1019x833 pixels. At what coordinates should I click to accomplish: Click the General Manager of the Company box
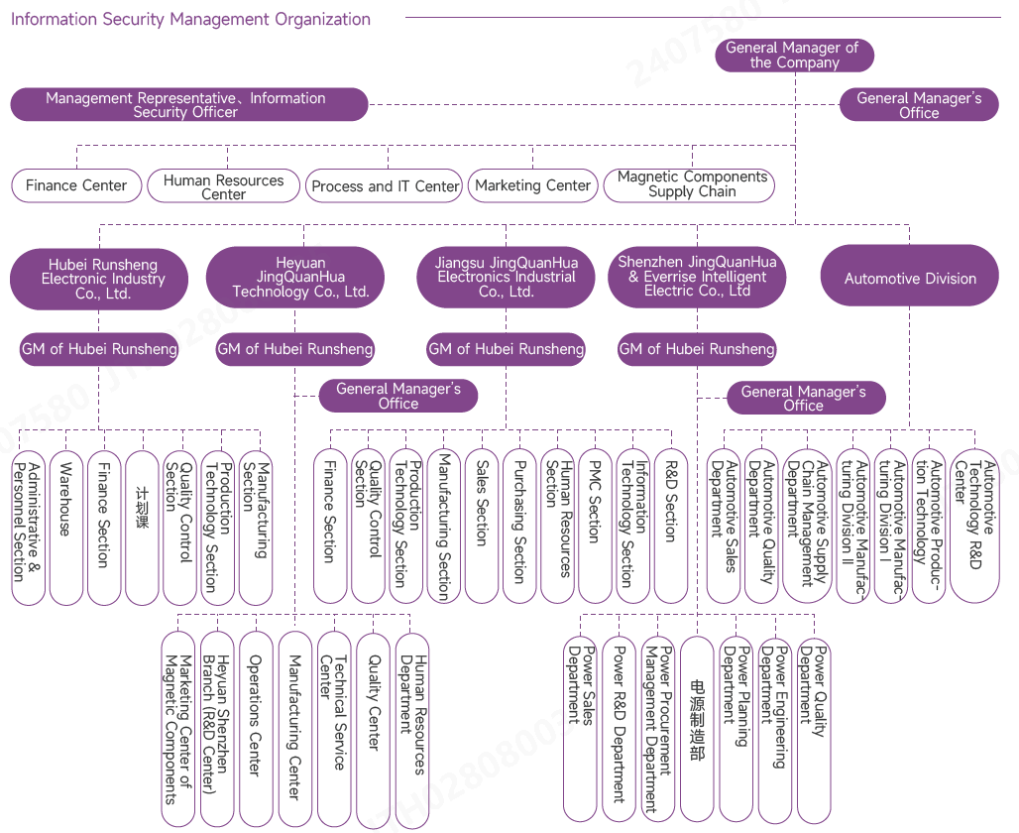pyautogui.click(x=793, y=56)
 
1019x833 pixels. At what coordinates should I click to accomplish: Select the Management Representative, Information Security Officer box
pyautogui.click(x=188, y=105)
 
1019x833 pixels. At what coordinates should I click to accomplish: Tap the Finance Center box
pyautogui.click(x=76, y=185)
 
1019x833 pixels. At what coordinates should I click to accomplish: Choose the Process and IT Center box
pyautogui.click(x=385, y=185)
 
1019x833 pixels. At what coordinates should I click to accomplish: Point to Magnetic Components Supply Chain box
pyautogui.click(x=691, y=184)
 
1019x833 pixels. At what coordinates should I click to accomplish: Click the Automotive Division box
pyautogui.click(x=909, y=279)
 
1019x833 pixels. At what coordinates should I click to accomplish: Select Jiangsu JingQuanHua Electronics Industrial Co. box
pyautogui.click(x=506, y=278)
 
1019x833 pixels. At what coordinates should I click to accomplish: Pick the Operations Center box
pyautogui.click(x=255, y=729)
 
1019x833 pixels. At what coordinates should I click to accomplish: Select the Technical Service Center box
pyautogui.click(x=333, y=729)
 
